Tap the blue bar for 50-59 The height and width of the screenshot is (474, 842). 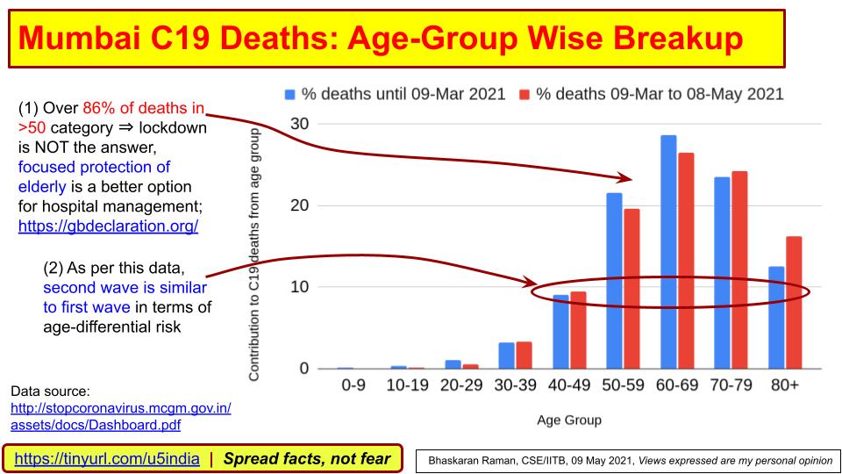(x=615, y=281)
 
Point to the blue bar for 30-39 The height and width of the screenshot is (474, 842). (x=506, y=355)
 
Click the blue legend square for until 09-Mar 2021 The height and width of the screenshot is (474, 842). (x=289, y=93)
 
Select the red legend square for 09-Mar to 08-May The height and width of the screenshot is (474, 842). (x=524, y=93)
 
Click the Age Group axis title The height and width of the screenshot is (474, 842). (x=569, y=420)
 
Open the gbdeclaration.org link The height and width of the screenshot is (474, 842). (x=108, y=226)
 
